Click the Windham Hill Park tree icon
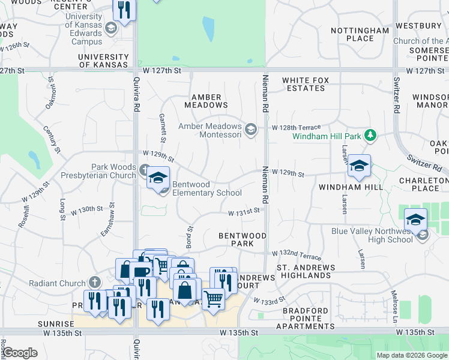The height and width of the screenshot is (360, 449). (x=371, y=136)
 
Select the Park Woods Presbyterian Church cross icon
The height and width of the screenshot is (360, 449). (x=145, y=170)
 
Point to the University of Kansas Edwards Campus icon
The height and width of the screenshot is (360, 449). (x=110, y=28)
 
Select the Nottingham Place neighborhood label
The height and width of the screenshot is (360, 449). (x=360, y=34)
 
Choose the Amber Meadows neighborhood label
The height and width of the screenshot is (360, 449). (x=206, y=101)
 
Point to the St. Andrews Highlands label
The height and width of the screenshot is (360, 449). (x=303, y=271)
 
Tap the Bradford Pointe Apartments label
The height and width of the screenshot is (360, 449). (x=305, y=318)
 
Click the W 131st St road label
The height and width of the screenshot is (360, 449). (x=244, y=211)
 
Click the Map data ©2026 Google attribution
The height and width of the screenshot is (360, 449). (x=411, y=355)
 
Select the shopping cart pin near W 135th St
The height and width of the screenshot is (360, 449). (x=213, y=298)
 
